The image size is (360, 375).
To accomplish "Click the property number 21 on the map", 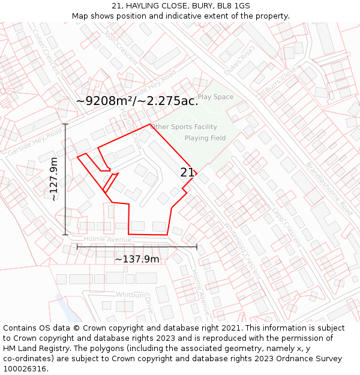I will coord(187,173).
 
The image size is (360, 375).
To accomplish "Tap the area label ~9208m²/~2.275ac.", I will coord(137,101).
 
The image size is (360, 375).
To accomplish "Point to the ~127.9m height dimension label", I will coord(53,179).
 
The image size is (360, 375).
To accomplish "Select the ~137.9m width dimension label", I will coord(137,259).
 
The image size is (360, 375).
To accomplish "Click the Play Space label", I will coord(215,97).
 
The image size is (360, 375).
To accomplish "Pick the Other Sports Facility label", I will coord(184,127).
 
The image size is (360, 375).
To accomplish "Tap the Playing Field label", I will coord(205,138).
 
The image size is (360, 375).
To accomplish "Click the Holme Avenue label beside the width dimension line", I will coord(107,239).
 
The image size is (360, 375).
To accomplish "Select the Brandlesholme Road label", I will coord(329,189).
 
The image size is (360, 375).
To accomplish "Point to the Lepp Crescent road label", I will coord(287,227).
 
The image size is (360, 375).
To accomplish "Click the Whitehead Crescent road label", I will coord(242,250).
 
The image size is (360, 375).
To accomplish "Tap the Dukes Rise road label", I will coord(239,61).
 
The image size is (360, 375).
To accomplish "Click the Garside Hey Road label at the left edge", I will coord(35,141).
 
